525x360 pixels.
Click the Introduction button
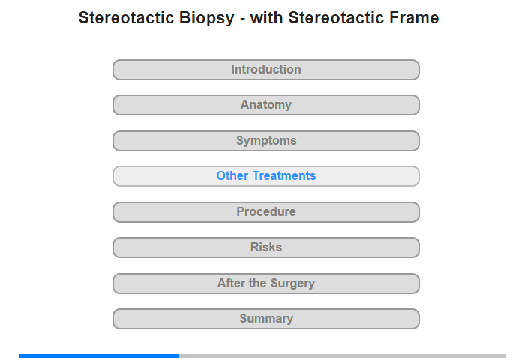(265, 70)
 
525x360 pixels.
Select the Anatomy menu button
(265, 105)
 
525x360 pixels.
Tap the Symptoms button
(265, 141)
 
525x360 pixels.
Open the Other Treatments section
(265, 176)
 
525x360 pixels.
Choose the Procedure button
(265, 212)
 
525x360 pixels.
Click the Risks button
(265, 247)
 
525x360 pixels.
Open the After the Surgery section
(265, 283)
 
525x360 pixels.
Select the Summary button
(265, 319)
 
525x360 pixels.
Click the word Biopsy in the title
(206, 19)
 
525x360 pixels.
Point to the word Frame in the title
(414, 18)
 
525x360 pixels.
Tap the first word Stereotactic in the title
(126, 18)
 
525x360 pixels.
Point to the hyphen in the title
(242, 19)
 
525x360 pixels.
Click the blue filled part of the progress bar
(98, 355)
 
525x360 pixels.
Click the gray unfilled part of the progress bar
(342, 355)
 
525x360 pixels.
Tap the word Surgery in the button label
(292, 284)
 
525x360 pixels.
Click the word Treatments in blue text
(284, 175)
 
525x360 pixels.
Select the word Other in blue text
(232, 175)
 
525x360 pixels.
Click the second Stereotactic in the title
(336, 18)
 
